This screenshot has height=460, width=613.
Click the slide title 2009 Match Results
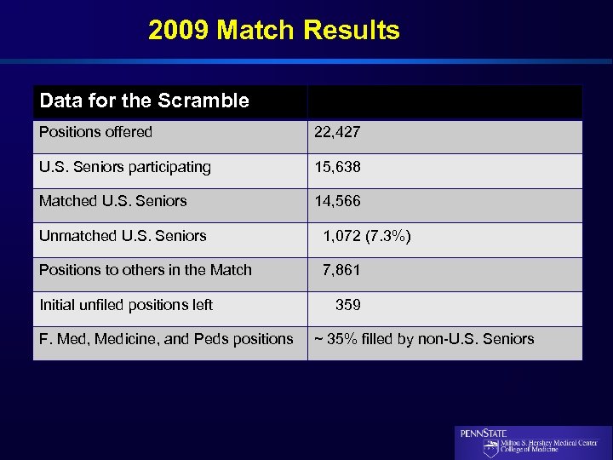pos(273,31)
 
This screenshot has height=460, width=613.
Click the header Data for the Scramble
pos(144,101)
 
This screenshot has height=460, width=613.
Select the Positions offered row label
pos(95,132)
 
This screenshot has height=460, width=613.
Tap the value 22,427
pos(337,132)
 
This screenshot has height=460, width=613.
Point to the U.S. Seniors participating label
pos(125,167)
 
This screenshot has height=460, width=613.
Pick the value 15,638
pos(337,167)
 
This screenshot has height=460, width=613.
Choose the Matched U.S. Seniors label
pos(112,201)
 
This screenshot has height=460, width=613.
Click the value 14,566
pos(337,201)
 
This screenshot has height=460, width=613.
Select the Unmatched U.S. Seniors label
pos(123,236)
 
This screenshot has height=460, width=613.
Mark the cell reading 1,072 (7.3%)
pos(366,236)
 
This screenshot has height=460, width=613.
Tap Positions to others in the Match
pos(146,270)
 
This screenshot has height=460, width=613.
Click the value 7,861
pos(341,270)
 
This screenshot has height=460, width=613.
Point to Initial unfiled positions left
pos(126,305)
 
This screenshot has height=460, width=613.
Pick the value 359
pos(348,305)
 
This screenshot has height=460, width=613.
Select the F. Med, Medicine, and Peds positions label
pos(166,339)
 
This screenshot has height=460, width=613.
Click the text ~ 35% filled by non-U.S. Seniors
pos(424,339)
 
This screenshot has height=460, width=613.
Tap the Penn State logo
pos(533,443)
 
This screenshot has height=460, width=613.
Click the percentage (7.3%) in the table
pos(387,236)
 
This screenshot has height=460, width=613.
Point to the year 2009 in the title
pos(179,31)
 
